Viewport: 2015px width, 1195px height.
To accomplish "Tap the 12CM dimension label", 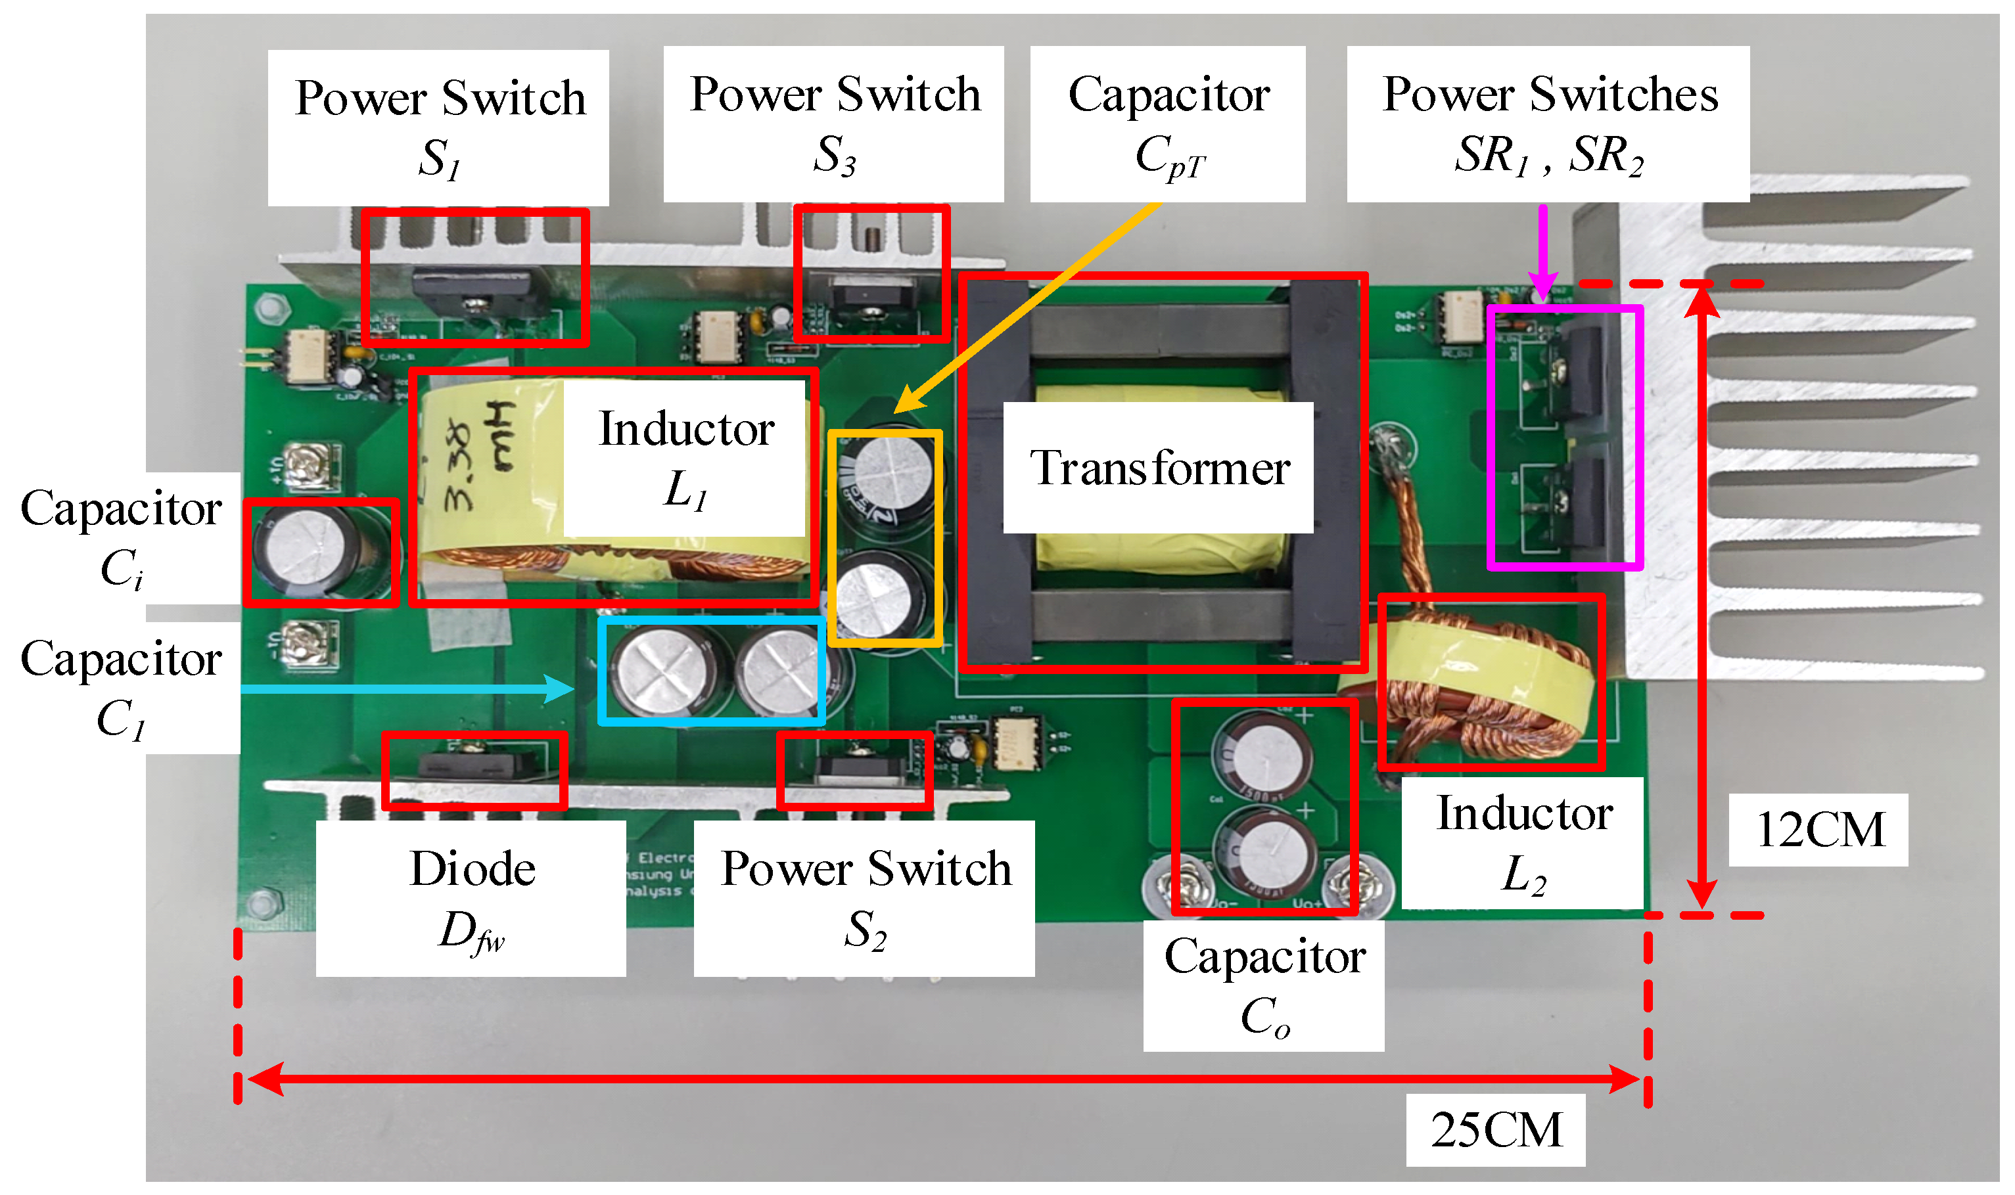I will point(1818,830).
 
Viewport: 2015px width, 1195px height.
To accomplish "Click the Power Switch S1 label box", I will point(438,127).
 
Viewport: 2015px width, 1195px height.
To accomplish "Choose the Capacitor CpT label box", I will point(1167,124).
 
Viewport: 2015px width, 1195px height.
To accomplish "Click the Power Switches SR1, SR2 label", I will point(1547,124).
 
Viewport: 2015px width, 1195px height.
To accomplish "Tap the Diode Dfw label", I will point(471,898).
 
